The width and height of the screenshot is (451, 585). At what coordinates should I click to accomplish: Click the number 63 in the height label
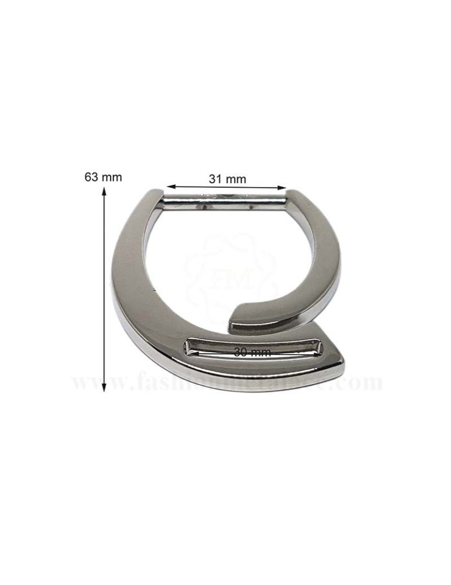coord(91,177)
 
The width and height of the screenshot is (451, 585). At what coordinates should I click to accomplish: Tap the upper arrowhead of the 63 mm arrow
coord(105,191)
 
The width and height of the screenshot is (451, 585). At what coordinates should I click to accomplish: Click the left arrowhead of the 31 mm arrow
coord(169,187)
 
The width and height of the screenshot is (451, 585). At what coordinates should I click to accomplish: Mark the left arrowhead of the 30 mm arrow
coord(194,353)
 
